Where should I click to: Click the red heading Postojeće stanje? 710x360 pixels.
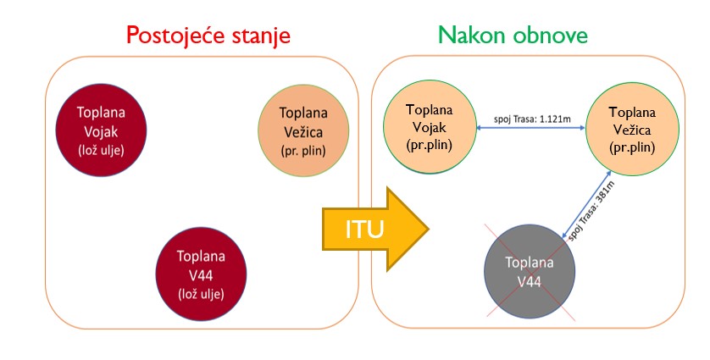pos(208,36)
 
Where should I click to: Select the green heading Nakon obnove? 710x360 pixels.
pos(513,35)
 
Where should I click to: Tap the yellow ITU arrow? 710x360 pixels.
pos(375,230)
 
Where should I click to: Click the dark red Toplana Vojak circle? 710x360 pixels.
pos(101,130)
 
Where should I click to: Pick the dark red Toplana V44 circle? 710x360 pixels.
pos(201,274)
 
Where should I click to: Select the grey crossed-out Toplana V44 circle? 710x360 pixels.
pos(530,272)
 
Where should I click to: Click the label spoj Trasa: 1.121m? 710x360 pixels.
pos(532,119)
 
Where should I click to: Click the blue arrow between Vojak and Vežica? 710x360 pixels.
pos(530,128)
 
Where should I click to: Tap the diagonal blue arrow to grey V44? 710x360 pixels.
pos(586,204)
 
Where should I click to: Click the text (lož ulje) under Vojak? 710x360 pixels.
pos(101,150)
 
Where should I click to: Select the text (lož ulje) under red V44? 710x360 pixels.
pos(201,294)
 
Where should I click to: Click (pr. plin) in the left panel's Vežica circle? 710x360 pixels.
pos(303,150)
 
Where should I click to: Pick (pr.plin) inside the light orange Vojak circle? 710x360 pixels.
pos(430,145)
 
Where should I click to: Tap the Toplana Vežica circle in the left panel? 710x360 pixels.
pos(303,130)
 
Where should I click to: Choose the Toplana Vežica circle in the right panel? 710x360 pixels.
pos(632,129)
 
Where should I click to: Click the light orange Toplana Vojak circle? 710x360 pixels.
pos(430,127)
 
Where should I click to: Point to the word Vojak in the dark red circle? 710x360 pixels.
pos(101,132)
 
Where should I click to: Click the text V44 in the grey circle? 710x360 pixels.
pos(530,282)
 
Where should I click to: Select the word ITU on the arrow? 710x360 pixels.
pos(364,230)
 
